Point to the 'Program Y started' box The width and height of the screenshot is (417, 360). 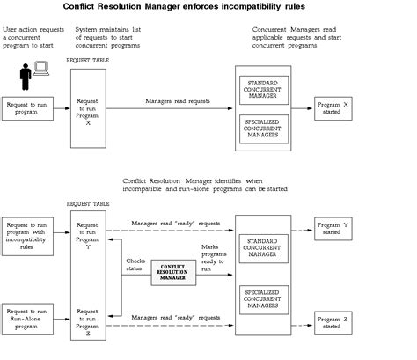click(333, 228)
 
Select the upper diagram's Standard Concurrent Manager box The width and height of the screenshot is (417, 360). click(264, 89)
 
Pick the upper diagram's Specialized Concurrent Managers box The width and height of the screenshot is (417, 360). click(264, 129)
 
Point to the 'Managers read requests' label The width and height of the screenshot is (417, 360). click(178, 100)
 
